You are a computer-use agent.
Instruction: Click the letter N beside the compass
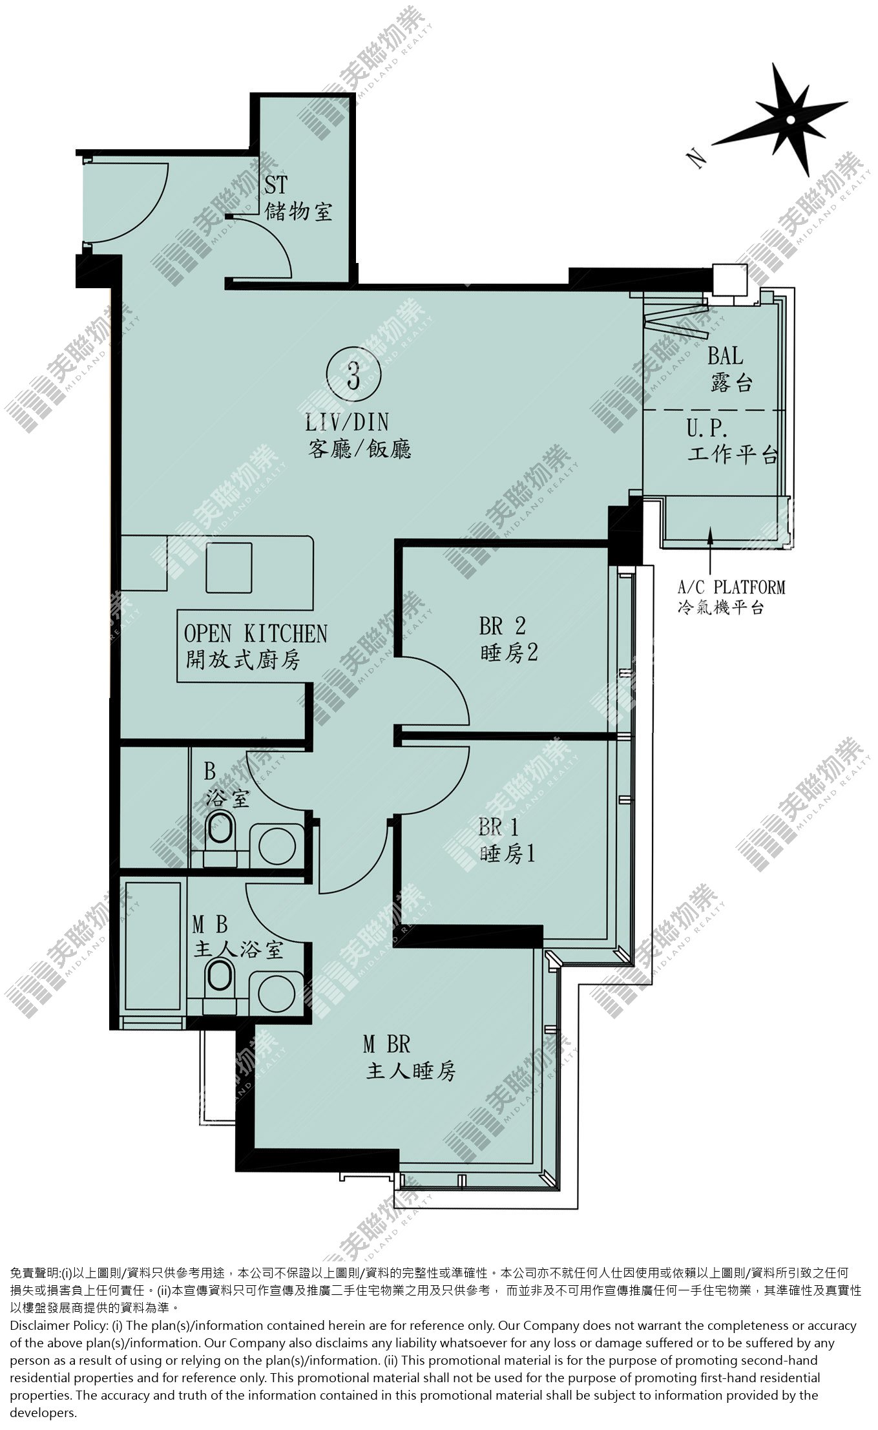coord(696,158)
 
